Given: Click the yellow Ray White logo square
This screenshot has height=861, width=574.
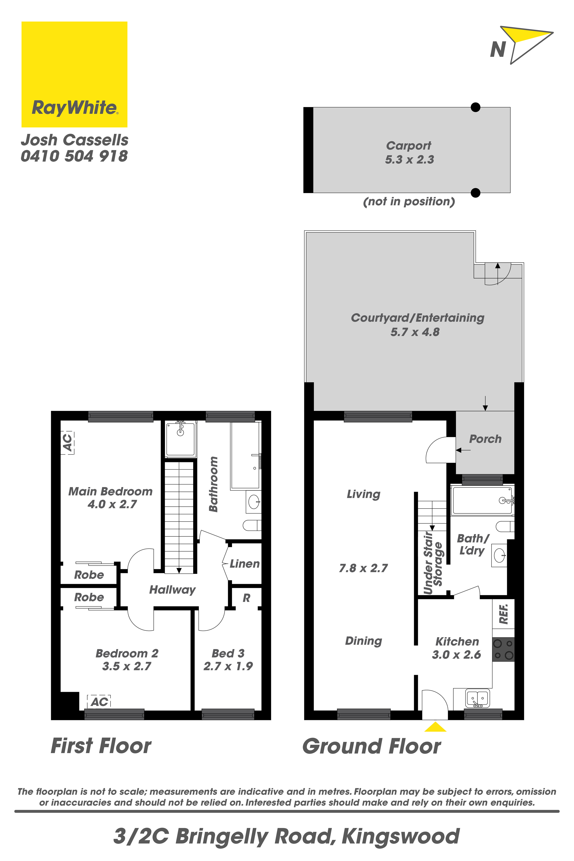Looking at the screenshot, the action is click(x=74, y=74).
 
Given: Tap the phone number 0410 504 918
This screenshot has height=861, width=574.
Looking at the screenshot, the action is click(x=74, y=156).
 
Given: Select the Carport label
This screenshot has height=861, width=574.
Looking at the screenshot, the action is click(x=409, y=146).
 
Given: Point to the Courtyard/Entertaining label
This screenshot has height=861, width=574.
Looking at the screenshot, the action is click(x=418, y=318).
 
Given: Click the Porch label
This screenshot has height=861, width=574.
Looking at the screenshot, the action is click(x=485, y=439).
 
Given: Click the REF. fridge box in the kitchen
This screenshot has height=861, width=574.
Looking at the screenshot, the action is click(x=503, y=614).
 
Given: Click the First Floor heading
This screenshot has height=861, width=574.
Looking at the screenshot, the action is click(x=101, y=746).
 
